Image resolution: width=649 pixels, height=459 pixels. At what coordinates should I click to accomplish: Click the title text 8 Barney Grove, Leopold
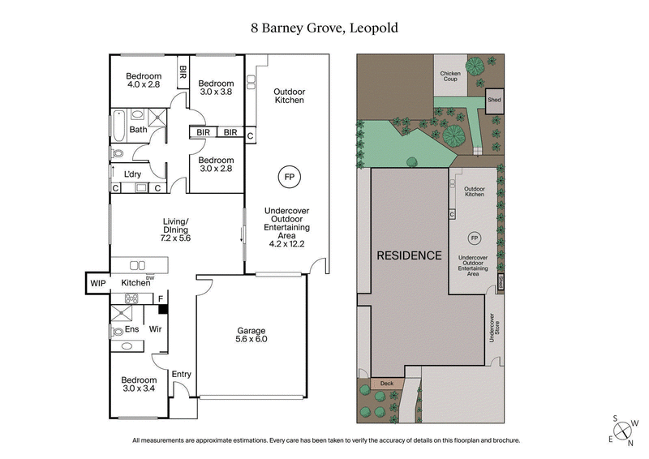point(324,28)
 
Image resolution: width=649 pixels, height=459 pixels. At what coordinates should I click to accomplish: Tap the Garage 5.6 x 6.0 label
point(251,335)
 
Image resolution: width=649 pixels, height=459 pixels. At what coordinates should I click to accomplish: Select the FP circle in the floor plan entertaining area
point(288,176)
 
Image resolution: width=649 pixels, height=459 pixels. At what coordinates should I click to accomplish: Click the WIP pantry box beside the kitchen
point(98,283)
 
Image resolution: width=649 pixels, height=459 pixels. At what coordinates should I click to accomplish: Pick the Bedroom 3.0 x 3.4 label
point(139,384)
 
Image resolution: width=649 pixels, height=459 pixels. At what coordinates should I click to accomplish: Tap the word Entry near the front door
point(181,374)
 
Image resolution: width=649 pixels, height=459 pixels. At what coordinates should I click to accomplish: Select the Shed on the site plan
point(493,100)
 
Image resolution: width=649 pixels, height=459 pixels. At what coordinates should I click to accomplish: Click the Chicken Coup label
point(450,77)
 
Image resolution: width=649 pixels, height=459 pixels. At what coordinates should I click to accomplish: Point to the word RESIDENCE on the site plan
point(409,255)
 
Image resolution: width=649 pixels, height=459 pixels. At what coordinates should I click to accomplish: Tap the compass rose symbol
point(623,431)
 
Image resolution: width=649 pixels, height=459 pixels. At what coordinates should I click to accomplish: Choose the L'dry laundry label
point(132,174)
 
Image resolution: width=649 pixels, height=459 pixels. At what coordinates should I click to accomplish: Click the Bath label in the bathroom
point(139,130)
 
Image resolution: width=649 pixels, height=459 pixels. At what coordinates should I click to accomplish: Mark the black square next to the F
point(162,309)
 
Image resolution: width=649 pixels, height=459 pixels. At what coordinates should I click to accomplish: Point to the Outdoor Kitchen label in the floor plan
point(288,96)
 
